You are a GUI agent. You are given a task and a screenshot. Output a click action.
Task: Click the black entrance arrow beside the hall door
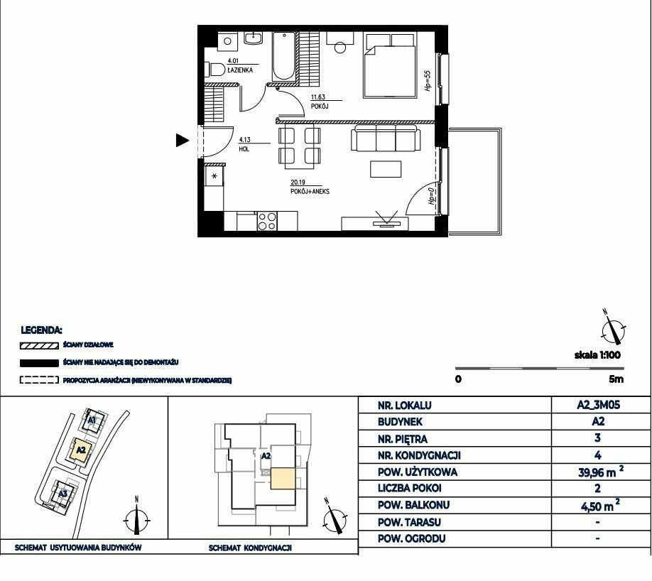(x=182, y=141)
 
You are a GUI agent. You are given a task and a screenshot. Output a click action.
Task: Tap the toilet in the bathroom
(x=216, y=69)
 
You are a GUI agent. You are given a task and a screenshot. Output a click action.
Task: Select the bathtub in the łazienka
(x=284, y=56)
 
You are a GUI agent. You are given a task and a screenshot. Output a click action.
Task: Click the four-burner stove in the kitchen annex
(x=267, y=221)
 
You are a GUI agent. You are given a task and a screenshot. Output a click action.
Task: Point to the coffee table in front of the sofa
(x=386, y=169)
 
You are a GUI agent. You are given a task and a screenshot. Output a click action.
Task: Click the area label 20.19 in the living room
(x=298, y=182)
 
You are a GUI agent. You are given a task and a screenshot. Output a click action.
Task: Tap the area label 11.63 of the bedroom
(x=318, y=97)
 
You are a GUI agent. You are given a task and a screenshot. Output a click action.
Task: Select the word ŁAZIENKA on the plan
(x=240, y=70)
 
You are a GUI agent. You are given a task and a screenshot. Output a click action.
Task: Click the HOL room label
(x=244, y=149)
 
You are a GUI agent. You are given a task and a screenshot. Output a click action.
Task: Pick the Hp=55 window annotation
(x=427, y=81)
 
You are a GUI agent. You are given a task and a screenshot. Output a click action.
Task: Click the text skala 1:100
(x=597, y=354)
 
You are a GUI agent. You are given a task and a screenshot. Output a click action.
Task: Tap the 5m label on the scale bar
(x=616, y=379)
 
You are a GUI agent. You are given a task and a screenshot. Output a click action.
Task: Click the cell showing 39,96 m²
(x=601, y=472)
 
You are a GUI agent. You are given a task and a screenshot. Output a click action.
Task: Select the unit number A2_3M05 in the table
(x=598, y=405)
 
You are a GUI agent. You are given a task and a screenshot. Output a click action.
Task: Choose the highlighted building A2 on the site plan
(x=81, y=449)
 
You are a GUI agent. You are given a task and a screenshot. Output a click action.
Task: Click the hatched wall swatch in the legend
(x=39, y=346)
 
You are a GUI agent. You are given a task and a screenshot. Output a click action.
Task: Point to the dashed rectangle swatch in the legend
(x=39, y=380)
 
